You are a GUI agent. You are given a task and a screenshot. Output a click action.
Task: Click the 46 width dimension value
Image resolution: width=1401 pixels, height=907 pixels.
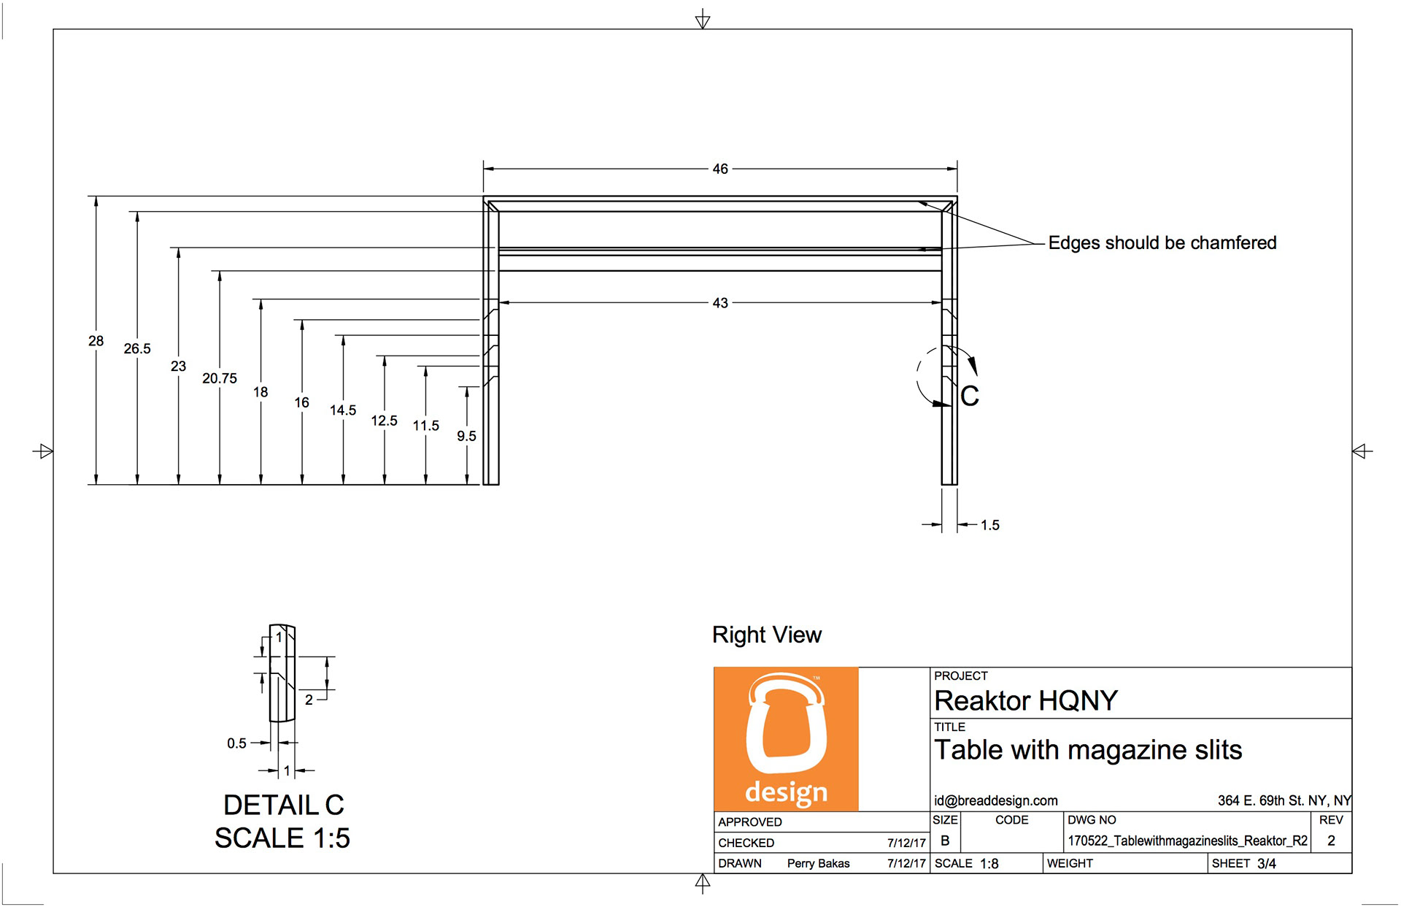pos(720,169)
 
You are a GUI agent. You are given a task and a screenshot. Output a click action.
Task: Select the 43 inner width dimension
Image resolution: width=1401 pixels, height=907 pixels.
pos(720,302)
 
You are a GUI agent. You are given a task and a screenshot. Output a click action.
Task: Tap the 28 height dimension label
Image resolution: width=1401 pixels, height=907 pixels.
pos(96,341)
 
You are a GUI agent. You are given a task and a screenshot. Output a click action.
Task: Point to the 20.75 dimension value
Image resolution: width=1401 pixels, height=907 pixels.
pos(220,378)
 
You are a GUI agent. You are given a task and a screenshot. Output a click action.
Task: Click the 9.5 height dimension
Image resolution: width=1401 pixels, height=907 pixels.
pos(466,436)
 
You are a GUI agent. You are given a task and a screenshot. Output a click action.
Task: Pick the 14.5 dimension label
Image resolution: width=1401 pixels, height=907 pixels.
pos(343,410)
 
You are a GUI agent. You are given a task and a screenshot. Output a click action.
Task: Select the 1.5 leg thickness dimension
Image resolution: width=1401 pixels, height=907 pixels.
pos(989,525)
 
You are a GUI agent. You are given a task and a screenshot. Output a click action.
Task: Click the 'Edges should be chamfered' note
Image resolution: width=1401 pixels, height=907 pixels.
pos(1162,242)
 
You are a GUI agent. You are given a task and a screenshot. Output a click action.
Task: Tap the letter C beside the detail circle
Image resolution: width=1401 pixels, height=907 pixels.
pos(970,397)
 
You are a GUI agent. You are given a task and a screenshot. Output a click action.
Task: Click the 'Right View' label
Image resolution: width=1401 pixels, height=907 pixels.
pos(767,635)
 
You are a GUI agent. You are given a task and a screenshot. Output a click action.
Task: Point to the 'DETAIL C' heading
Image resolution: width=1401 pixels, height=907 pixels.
pos(283,805)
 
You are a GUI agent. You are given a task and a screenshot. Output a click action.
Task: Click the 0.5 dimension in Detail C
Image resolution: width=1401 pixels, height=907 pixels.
pos(236,743)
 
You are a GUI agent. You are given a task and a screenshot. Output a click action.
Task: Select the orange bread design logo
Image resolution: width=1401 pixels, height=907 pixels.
pos(786,739)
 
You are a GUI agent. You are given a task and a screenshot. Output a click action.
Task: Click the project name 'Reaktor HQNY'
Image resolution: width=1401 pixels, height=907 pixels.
pos(1026,701)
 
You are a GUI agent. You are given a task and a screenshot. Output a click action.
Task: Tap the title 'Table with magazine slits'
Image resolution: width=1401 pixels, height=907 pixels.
pos(1088,750)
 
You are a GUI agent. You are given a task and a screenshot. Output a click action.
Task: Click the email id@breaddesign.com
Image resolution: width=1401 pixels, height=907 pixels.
pos(996,800)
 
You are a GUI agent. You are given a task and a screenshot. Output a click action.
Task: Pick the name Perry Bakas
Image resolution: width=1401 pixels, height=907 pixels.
pos(818,863)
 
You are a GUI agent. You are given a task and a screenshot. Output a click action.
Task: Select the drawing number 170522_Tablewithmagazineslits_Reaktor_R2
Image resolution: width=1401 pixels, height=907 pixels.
pos(1188,841)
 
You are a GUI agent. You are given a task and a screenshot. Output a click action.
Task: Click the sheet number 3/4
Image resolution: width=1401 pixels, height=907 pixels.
pos(1267,863)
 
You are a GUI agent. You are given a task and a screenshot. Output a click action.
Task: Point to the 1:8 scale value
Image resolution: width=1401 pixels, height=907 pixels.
pos(989,863)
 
